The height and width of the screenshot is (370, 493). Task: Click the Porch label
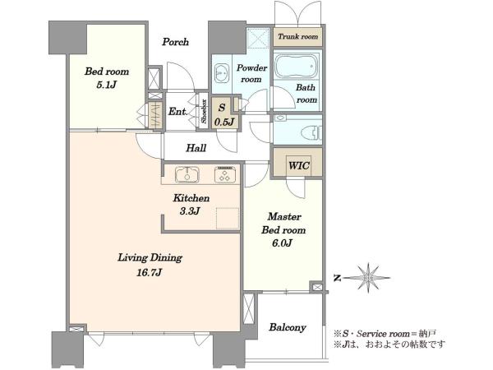[x=176, y=42]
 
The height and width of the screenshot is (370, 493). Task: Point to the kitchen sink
[x=187, y=174]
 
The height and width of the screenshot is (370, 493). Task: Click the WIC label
[x=299, y=165]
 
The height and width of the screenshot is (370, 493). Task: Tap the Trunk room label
[x=297, y=36]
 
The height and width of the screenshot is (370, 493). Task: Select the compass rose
[x=368, y=278]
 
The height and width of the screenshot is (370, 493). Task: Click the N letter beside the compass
[x=338, y=278]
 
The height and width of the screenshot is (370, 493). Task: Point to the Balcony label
[x=288, y=327]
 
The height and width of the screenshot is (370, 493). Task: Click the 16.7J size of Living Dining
[x=149, y=272]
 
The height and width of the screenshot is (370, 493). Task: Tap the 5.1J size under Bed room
[x=107, y=85]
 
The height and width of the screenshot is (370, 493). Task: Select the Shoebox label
[x=204, y=111]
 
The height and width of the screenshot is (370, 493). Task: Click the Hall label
[x=196, y=148]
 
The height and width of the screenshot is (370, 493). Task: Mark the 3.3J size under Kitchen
[x=190, y=211]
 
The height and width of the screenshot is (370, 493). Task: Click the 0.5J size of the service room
[x=223, y=122]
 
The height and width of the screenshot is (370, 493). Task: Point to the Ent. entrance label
[x=178, y=111]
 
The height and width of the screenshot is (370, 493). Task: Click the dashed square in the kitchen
[x=227, y=219]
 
